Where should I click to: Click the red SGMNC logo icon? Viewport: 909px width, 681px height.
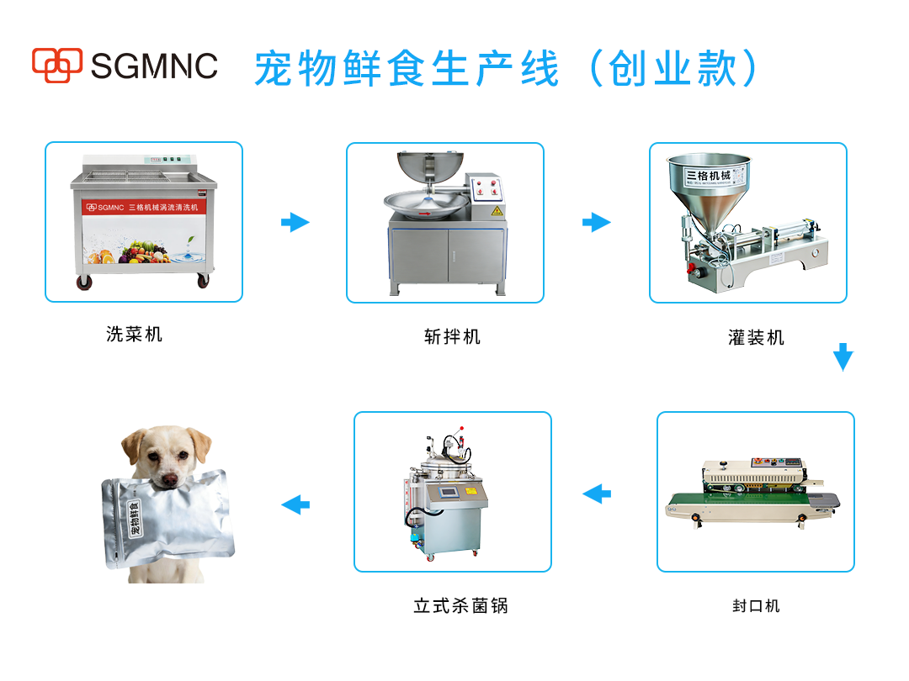57,65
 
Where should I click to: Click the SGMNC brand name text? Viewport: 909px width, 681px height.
154,66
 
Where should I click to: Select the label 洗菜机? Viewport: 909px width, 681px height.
135,334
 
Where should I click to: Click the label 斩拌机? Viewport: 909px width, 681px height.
452,336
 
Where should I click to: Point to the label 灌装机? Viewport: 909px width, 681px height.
756,338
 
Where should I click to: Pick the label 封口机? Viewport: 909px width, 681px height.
756,605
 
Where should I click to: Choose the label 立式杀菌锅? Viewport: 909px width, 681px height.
460,605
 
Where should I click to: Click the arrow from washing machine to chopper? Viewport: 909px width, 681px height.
295,222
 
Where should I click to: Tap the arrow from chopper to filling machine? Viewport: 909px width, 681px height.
596,222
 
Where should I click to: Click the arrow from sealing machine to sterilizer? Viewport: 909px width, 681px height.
597,493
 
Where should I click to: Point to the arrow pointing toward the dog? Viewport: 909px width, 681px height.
295,504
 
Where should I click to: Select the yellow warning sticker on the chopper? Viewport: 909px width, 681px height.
497,210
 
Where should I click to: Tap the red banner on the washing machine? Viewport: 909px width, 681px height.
142,207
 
